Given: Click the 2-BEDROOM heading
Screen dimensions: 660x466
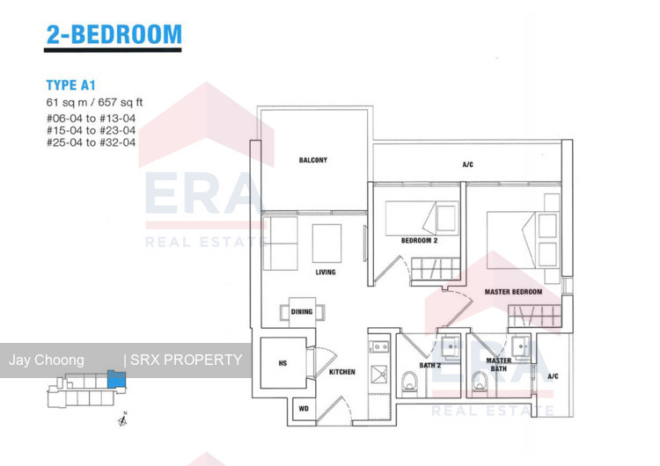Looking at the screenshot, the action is click(x=114, y=34).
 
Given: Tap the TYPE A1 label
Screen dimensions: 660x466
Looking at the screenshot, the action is click(x=70, y=85).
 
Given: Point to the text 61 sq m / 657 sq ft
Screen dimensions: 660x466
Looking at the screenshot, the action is click(x=94, y=102).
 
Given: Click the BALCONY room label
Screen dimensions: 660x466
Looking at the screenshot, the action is click(x=312, y=160).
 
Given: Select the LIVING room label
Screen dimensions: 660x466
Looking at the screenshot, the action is click(x=326, y=272).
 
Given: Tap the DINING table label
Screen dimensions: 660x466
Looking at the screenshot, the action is click(x=302, y=311).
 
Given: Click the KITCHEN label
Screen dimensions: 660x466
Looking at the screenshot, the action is click(x=341, y=372).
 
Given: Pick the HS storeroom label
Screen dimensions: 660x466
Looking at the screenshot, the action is click(x=282, y=363).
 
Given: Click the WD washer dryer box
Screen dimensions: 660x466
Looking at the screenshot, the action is click(x=304, y=408).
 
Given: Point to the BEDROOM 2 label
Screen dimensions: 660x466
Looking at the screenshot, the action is click(x=419, y=241).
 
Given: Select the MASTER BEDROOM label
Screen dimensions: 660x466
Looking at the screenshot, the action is click(x=513, y=292).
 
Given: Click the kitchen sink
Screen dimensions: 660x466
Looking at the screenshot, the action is click(x=378, y=375).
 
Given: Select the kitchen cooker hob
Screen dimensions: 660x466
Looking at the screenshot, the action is click(x=378, y=347).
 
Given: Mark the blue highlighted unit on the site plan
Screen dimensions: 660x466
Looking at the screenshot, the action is click(x=116, y=379).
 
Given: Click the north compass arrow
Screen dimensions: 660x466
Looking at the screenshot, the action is click(x=122, y=419).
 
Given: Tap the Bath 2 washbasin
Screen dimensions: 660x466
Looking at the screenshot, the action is click(x=451, y=347).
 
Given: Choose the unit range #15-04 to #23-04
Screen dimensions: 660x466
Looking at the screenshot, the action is click(x=91, y=130).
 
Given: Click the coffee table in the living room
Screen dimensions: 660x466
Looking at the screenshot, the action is click(x=326, y=244).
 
